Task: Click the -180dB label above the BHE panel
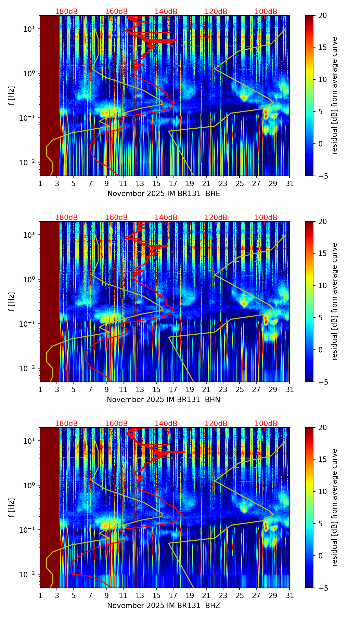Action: click(x=65, y=12)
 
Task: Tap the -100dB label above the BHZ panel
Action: click(x=265, y=424)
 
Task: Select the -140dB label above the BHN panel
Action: click(x=165, y=218)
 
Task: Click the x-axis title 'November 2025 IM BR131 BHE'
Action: click(x=164, y=194)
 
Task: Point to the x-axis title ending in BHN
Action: click(x=164, y=400)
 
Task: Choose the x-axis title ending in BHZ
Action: click(x=164, y=606)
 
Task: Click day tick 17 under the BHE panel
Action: click(x=173, y=183)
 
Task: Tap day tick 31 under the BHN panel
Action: click(x=290, y=389)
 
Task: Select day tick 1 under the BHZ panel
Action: click(x=40, y=595)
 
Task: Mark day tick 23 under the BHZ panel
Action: click(x=223, y=595)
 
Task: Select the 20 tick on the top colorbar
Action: click(x=322, y=16)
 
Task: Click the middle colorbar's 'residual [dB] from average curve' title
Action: click(x=335, y=301)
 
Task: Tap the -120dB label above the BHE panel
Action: click(x=215, y=12)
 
